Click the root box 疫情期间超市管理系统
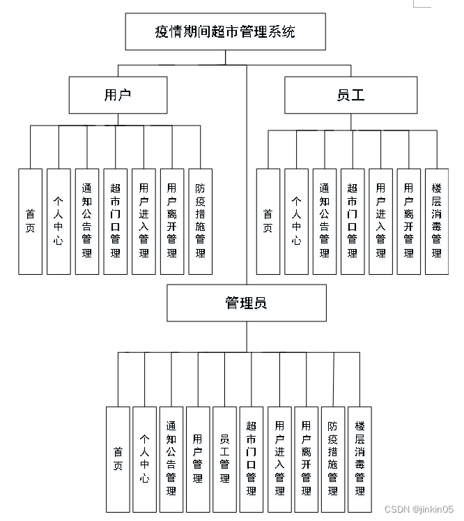225,31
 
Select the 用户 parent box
118,95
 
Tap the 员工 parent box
350,95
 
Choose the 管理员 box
247,303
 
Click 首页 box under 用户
30,221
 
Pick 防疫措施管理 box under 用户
201,221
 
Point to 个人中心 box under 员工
296,221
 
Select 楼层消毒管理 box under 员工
437,221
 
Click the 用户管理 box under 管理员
198,460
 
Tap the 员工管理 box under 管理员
224,460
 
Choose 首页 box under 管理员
118,460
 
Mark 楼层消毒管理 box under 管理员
359,460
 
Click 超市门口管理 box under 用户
116,221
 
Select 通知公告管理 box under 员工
324,221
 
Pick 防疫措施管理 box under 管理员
332,460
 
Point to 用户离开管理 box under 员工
408,221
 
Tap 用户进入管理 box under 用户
144,221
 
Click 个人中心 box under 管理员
144,460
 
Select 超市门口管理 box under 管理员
251,460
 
